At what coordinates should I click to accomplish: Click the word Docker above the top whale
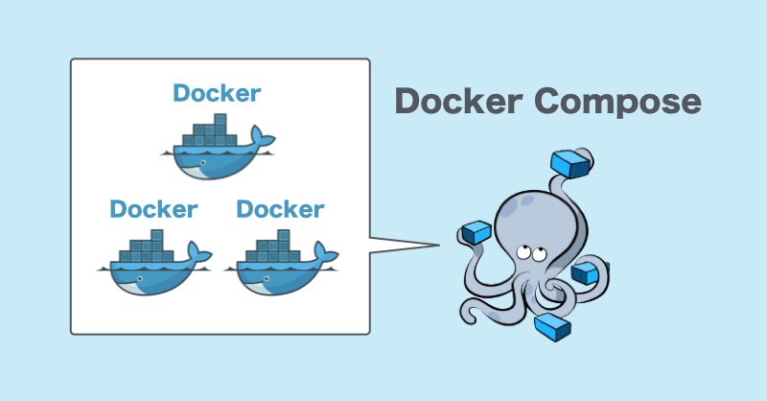(x=217, y=94)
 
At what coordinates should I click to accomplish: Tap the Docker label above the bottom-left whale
(x=153, y=208)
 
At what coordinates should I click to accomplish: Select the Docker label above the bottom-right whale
(x=280, y=208)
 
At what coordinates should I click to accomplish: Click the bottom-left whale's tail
(x=198, y=252)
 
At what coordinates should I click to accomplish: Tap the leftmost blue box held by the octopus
(x=476, y=232)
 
